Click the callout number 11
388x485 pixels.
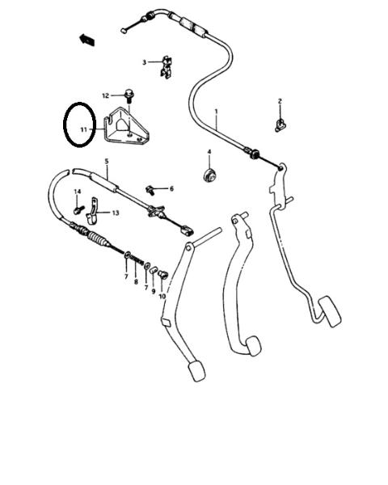click(x=84, y=129)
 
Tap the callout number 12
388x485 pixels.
click(x=106, y=95)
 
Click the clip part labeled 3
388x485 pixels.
click(x=167, y=67)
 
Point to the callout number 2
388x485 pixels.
click(x=280, y=101)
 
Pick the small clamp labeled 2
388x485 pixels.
click(x=280, y=125)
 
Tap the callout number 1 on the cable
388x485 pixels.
click(x=217, y=112)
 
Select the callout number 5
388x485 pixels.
click(x=107, y=161)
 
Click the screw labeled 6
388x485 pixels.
click(x=150, y=190)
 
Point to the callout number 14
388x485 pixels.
click(x=78, y=192)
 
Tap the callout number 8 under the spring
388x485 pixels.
click(x=136, y=282)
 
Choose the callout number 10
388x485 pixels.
click(x=162, y=297)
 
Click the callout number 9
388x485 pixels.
click(x=153, y=291)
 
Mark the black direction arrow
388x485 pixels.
click(x=87, y=40)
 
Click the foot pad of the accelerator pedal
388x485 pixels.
click(x=330, y=311)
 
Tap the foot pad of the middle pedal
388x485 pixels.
click(x=253, y=346)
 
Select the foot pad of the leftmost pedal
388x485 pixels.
click(x=196, y=370)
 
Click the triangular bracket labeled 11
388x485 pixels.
click(x=126, y=126)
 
